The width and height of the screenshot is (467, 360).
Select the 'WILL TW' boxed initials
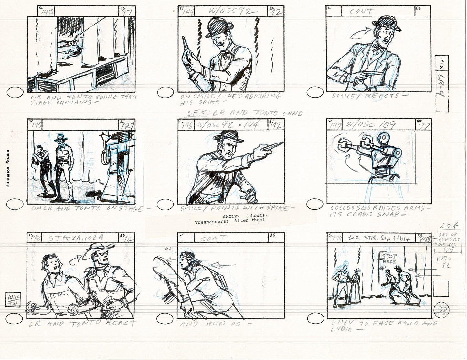coord(12,299)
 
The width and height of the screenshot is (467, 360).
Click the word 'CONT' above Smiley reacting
coord(362,12)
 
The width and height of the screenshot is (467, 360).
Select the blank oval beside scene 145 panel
coord(15,204)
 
